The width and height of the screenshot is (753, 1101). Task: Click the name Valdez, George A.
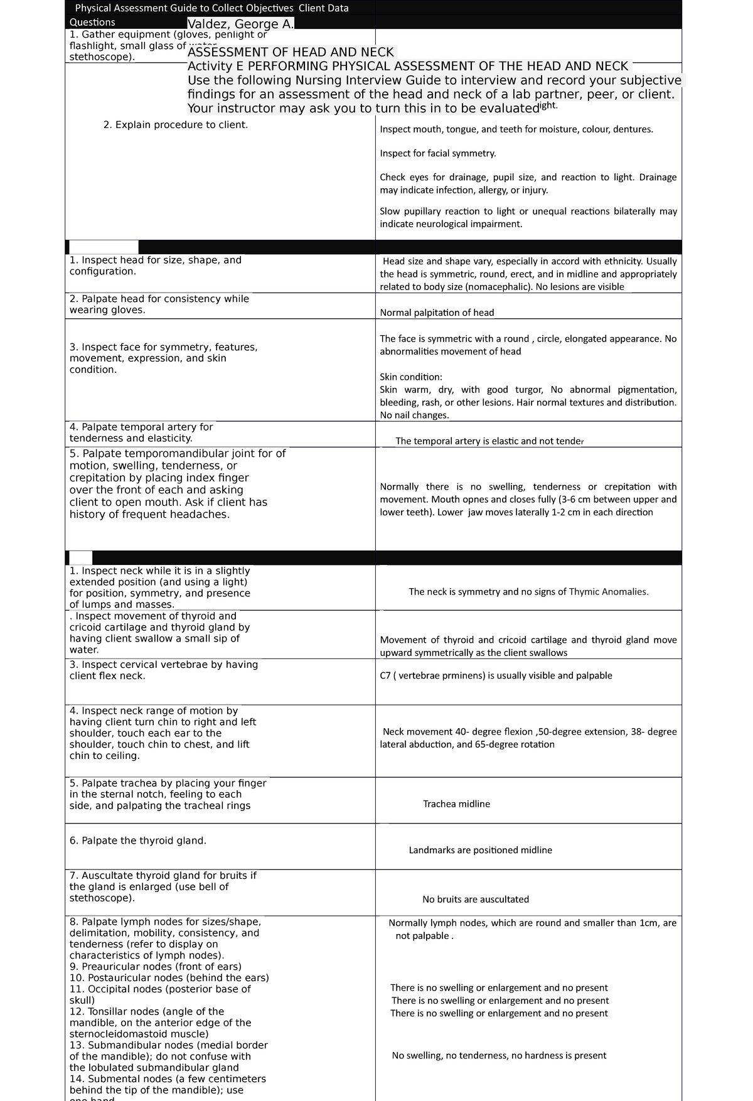click(x=240, y=24)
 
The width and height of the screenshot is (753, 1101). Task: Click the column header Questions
click(x=92, y=23)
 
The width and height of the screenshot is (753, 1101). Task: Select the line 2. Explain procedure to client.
click(x=176, y=125)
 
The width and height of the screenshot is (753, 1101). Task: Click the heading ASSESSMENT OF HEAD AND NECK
click(x=291, y=52)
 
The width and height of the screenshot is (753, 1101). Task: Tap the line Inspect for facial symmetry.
click(x=437, y=153)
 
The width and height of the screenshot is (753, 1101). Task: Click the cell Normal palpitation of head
click(x=437, y=313)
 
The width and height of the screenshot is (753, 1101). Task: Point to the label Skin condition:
click(x=410, y=377)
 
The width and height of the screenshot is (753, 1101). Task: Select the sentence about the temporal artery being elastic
click(x=489, y=441)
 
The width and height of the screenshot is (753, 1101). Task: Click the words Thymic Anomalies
click(x=608, y=591)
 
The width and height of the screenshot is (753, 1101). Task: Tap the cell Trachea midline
click(x=456, y=804)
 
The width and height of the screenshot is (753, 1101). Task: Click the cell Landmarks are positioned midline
click(x=480, y=850)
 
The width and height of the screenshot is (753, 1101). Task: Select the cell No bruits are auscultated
click(x=475, y=900)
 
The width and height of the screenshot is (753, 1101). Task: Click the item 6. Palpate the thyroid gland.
click(x=138, y=841)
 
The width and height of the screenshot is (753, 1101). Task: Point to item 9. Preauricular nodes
click(x=155, y=967)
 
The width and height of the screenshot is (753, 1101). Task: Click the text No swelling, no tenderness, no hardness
click(x=499, y=1055)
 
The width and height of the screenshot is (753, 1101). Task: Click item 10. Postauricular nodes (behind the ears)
click(x=169, y=978)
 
